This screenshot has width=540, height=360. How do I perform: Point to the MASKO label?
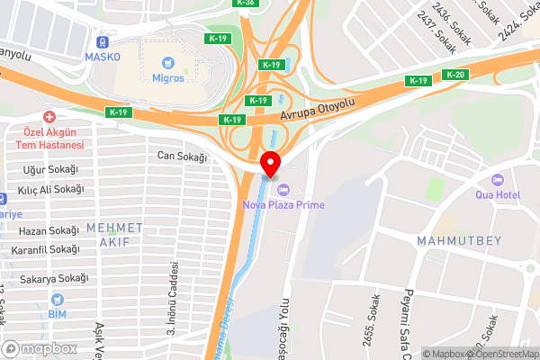(x=102, y=57)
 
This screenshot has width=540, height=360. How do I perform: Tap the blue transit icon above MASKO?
(x=102, y=41)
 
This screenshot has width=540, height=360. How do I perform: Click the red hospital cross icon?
(x=49, y=117)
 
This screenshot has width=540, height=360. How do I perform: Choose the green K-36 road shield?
(x=244, y=3)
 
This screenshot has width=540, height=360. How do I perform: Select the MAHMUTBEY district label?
(x=452, y=240)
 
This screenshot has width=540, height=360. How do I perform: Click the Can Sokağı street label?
(x=182, y=157)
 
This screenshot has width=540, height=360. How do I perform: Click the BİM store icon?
(x=58, y=314)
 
